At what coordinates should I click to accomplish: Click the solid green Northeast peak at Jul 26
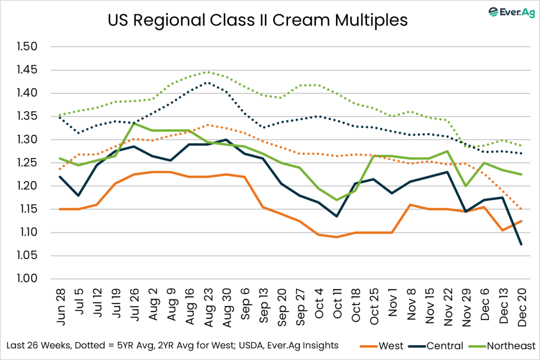(x=135, y=123)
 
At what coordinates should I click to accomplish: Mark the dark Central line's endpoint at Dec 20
(x=520, y=244)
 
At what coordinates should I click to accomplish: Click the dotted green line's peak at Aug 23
(x=207, y=72)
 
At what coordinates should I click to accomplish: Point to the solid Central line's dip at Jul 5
(x=79, y=196)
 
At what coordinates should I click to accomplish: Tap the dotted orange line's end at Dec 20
(x=520, y=209)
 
